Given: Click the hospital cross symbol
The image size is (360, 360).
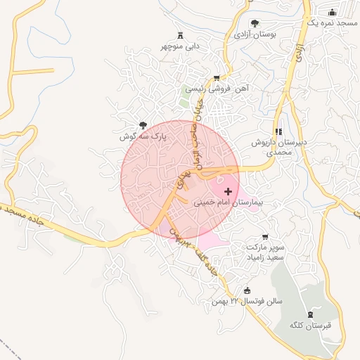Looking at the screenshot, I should tap(227, 191).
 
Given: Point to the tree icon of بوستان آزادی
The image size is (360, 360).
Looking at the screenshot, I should tap(255, 23).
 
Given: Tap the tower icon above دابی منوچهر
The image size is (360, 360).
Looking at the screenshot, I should tap(180, 36).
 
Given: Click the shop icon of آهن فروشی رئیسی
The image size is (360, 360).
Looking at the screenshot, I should tap(217, 78).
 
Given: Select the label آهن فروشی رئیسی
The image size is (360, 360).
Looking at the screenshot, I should tap(217, 89).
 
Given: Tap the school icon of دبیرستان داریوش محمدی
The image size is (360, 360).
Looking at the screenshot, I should tap(279, 131).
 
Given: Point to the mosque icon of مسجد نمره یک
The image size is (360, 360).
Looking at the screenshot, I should tap(333, 12).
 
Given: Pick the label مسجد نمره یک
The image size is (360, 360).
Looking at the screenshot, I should tap(333, 23).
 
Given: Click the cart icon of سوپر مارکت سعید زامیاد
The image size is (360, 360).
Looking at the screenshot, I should tap(264, 237).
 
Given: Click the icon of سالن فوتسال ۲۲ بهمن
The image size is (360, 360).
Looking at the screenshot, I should tap(247, 291).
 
